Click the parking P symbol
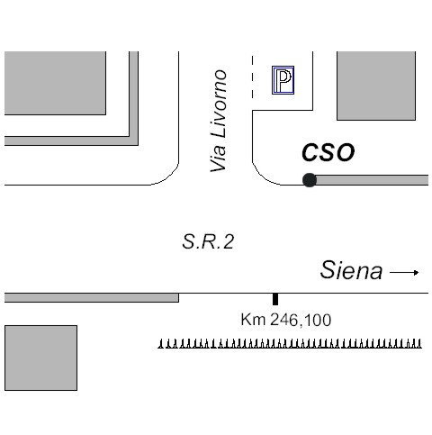point(283,80)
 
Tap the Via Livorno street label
point(219,121)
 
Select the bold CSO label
point(328,152)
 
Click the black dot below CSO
point(310,180)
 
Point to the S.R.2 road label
point(208,241)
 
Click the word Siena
point(351,270)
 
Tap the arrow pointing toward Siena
point(404,273)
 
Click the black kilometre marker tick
point(275,299)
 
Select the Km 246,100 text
point(286,320)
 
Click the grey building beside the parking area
point(376,86)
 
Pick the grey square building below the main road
point(40,358)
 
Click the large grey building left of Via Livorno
point(55,83)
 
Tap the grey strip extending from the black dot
point(372,180)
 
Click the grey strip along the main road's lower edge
point(92,298)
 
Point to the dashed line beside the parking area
point(253,77)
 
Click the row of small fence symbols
point(290,344)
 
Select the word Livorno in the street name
point(219,104)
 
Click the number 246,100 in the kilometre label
point(301,320)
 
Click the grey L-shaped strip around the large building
point(134,140)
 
